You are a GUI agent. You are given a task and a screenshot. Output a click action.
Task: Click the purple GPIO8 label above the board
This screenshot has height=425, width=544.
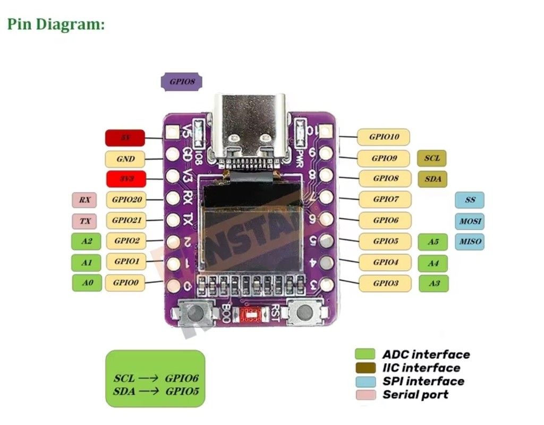click(x=181, y=82)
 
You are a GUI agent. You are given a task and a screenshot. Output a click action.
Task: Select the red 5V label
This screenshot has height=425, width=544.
click(x=125, y=138)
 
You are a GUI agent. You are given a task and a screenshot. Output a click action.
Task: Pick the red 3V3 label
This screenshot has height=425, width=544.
click(x=125, y=179)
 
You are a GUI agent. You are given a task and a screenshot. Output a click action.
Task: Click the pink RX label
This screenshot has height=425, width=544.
click(x=84, y=200)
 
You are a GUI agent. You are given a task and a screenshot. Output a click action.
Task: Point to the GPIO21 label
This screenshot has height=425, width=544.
click(x=126, y=220)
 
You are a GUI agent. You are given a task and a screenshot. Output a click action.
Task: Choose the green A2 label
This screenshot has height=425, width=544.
click(x=87, y=241)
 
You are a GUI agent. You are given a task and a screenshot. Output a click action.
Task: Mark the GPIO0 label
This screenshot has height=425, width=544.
click(x=125, y=282)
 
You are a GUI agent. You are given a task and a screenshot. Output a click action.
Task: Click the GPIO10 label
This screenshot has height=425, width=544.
click(x=384, y=137)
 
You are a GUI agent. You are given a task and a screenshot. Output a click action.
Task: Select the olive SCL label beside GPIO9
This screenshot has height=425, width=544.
click(x=431, y=158)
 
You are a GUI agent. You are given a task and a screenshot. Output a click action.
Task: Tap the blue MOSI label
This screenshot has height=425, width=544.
click(x=469, y=220)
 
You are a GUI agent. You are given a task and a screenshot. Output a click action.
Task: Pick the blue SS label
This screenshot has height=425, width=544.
click(x=469, y=200)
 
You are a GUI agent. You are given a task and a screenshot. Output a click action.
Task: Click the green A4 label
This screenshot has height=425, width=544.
click(x=433, y=263)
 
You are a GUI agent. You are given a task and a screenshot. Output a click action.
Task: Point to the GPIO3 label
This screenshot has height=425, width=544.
click(x=385, y=283)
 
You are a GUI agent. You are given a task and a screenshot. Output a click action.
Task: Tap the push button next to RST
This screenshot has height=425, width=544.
click(x=304, y=312)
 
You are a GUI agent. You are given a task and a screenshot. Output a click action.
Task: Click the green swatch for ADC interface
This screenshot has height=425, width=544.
click(x=365, y=354)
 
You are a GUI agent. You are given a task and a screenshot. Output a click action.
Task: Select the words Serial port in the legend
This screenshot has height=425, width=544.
click(x=415, y=395)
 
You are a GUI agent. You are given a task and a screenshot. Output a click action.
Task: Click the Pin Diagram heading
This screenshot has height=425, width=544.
click(x=56, y=24)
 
